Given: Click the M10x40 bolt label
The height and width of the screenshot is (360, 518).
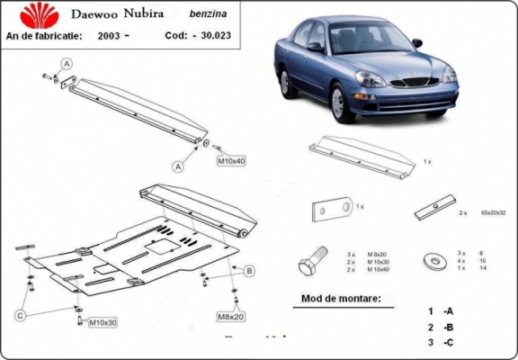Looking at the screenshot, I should click(231, 161).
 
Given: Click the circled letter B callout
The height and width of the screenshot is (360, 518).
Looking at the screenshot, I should click(249, 270).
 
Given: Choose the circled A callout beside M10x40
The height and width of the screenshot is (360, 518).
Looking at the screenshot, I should click(179, 166).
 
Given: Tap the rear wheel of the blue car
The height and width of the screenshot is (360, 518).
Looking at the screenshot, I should click(286, 83).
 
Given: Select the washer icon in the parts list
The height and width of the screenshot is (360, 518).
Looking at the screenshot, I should click(432, 261).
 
